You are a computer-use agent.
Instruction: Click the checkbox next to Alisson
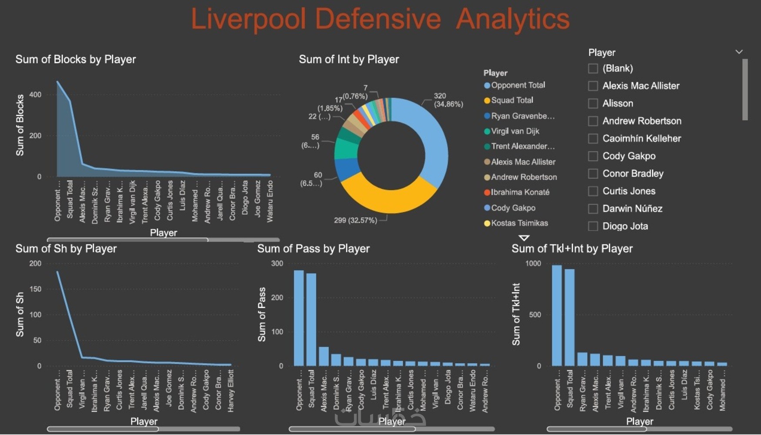[x=593, y=104]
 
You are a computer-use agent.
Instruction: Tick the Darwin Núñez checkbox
[x=593, y=209]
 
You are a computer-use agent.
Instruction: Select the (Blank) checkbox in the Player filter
[x=593, y=68]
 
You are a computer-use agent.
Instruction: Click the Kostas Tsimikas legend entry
[x=519, y=223]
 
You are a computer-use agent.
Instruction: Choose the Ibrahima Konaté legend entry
[x=520, y=192]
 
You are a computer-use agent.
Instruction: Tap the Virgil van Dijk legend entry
[x=515, y=131]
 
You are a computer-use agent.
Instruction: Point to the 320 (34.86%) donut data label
[x=448, y=100]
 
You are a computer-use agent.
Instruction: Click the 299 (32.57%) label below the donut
[x=355, y=221]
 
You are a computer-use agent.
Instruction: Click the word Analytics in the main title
[x=512, y=19]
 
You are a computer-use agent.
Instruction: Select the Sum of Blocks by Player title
[x=76, y=60]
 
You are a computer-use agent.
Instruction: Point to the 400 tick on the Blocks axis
[x=35, y=95]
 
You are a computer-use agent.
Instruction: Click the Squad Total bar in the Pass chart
[x=311, y=320]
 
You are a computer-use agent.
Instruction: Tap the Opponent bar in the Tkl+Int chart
[x=557, y=315]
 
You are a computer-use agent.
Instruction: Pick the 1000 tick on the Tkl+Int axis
[x=533, y=264]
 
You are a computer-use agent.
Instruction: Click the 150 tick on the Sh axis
[x=35, y=289]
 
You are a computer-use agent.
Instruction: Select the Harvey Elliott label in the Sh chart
[x=230, y=390]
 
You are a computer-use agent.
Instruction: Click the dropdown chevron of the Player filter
[x=739, y=52]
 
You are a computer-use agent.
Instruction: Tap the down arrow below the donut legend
[x=524, y=238]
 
